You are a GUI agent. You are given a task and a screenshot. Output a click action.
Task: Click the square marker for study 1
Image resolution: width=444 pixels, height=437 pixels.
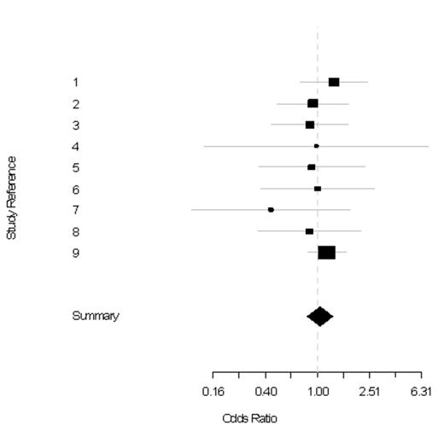pyautogui.click(x=334, y=82)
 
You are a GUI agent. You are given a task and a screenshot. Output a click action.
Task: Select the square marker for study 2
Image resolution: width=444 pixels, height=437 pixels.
pyautogui.click(x=313, y=103)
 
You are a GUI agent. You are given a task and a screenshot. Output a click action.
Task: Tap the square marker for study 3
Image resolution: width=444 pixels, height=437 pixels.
pyautogui.click(x=310, y=125)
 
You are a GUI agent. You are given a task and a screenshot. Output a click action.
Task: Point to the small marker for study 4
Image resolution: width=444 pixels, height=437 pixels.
pyautogui.click(x=316, y=146)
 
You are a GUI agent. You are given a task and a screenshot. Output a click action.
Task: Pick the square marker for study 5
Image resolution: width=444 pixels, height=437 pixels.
pyautogui.click(x=312, y=167)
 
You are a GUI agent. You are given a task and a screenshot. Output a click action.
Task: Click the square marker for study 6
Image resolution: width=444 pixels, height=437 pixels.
pyautogui.click(x=318, y=189)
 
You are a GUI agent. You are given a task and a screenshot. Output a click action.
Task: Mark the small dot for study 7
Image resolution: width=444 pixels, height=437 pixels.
pyautogui.click(x=271, y=209)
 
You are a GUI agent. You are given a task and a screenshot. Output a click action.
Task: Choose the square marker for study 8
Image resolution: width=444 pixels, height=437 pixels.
pyautogui.click(x=309, y=231)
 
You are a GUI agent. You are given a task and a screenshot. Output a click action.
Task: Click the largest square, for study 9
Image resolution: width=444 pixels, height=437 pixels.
pyautogui.click(x=326, y=253)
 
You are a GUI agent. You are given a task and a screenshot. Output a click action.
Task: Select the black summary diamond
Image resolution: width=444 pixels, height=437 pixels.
pyautogui.click(x=319, y=317)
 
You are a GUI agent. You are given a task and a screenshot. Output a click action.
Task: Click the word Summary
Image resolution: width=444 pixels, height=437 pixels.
pyautogui.click(x=96, y=316)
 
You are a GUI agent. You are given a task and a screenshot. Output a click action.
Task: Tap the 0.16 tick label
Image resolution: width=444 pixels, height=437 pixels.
pyautogui.click(x=213, y=392)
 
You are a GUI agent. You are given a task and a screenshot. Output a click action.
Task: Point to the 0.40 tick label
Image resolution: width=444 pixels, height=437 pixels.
pyautogui.click(x=266, y=392)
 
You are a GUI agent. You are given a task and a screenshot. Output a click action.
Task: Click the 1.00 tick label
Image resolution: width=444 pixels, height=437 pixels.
pyautogui.click(x=318, y=392)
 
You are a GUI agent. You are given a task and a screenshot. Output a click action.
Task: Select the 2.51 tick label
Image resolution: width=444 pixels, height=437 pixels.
pyautogui.click(x=370, y=392)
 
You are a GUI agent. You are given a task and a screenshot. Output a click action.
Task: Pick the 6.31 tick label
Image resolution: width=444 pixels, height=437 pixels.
pyautogui.click(x=421, y=392)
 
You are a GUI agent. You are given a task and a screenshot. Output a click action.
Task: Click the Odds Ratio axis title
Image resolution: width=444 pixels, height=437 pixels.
pyautogui.click(x=249, y=418)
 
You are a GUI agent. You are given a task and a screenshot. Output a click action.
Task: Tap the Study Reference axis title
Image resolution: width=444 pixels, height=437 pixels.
pyautogui.click(x=12, y=196)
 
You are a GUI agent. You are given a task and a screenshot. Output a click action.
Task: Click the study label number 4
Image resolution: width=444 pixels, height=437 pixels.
pyautogui.click(x=76, y=147)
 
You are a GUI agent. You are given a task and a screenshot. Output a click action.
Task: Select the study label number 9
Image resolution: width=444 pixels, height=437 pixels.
pyautogui.click(x=76, y=253)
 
